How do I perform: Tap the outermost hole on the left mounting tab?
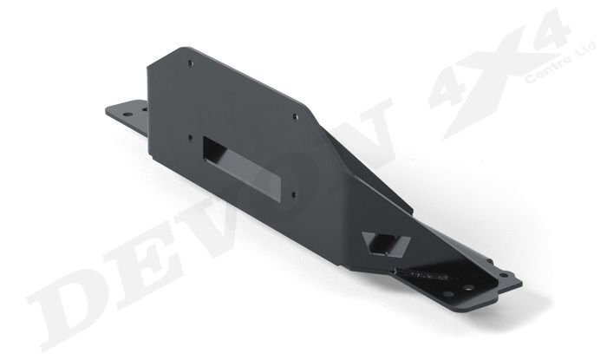[x=110, y=109]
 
